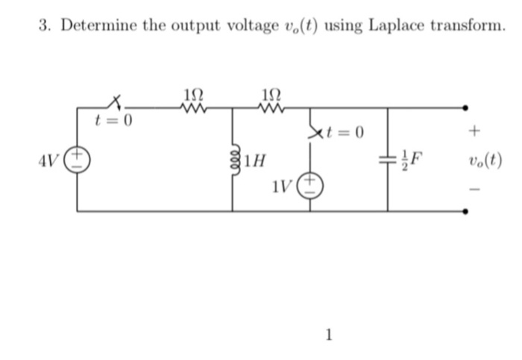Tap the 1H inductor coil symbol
233,159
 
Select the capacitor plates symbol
388,159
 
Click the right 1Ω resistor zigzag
272,109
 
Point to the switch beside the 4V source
116,103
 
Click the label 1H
251,159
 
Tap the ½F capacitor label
411,159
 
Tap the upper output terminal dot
467,109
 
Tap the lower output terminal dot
467,211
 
